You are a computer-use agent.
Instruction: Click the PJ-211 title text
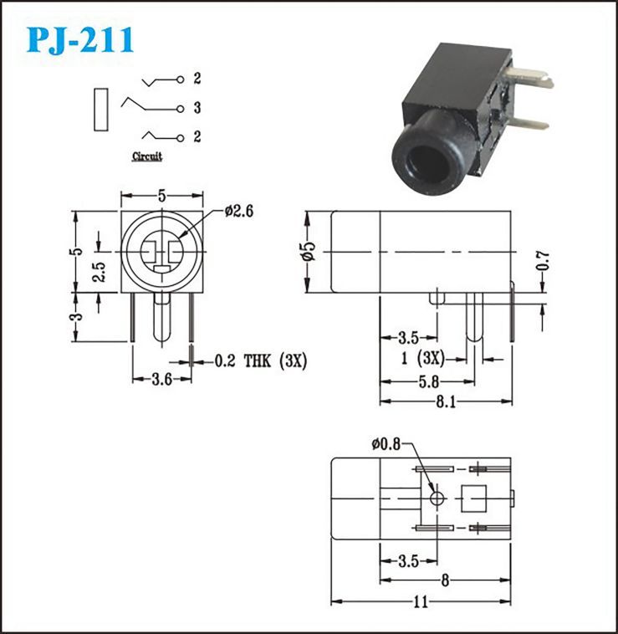[x=80, y=40]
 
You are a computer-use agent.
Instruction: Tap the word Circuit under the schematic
[x=147, y=156]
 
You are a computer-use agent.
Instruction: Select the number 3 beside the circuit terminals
[x=197, y=108]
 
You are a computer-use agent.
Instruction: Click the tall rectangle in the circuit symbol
[x=101, y=110]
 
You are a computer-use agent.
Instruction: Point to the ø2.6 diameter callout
[x=239, y=211]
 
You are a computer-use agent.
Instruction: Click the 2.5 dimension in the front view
[x=99, y=272]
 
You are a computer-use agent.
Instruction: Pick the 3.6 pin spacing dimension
[x=161, y=379]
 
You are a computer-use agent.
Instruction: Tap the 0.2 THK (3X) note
[x=261, y=360]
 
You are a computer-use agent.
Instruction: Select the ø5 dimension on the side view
[x=309, y=251]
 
